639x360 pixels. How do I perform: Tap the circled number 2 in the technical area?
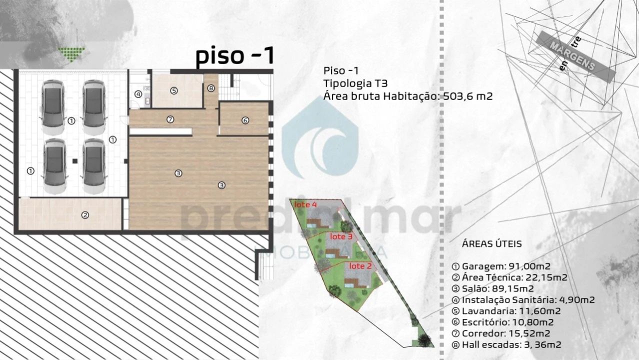coord(85,215)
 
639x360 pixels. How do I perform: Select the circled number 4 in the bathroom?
coord(138,94)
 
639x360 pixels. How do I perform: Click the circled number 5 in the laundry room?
coord(173,91)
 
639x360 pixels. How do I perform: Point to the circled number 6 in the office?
coord(245,120)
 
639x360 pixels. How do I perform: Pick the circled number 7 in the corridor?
coord(170,119)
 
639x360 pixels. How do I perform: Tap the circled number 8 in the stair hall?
coord(211,88)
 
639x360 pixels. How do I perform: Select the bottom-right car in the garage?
coord(94,166)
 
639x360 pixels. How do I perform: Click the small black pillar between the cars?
coord(74,161)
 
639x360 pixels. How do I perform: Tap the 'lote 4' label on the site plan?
coord(305,204)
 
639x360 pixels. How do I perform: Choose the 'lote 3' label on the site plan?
coord(341,236)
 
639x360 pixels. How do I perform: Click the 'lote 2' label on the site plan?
coord(360,266)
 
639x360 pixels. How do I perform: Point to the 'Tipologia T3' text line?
coord(355,83)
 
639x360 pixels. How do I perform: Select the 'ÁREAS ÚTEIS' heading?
coord(492,244)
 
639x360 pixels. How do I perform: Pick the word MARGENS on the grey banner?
coord(572,56)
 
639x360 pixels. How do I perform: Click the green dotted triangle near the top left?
coord(71,52)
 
